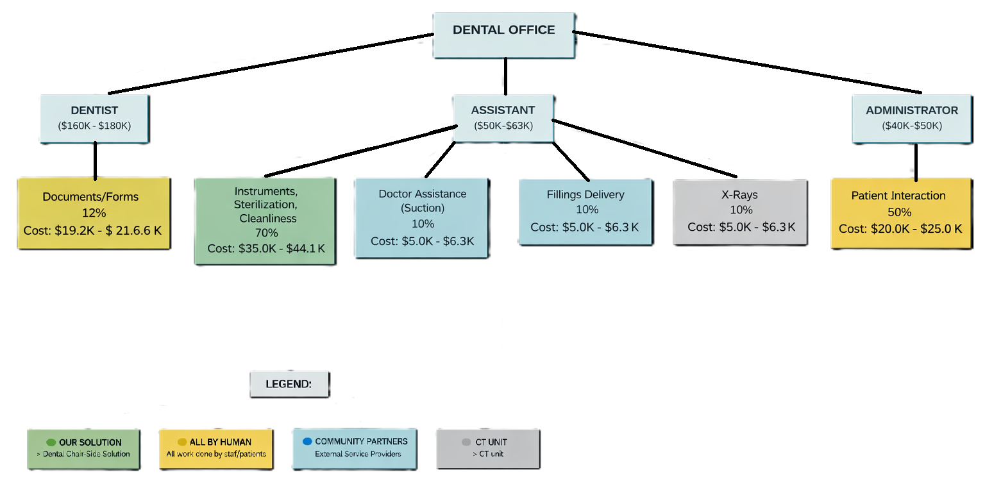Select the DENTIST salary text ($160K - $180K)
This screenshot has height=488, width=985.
point(94,126)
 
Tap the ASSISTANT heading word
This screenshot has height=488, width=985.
point(503,110)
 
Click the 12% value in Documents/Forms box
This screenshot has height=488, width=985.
point(94,212)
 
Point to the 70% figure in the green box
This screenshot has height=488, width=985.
point(266,233)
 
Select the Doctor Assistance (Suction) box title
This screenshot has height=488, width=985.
point(422,200)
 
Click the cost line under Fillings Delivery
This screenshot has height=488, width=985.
point(584,227)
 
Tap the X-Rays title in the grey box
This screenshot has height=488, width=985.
point(739,195)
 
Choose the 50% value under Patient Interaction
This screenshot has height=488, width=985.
point(898,212)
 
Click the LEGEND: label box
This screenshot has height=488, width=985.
point(289,384)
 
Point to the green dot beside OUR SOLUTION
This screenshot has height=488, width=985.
point(51,442)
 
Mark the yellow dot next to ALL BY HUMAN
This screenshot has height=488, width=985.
point(182,442)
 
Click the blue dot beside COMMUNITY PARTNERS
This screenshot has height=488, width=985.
point(307,441)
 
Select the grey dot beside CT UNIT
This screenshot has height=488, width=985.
point(466,442)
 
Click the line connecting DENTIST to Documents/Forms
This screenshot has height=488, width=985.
point(95,160)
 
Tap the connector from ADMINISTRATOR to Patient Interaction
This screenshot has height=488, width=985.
point(916,162)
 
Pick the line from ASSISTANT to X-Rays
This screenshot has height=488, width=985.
point(644,148)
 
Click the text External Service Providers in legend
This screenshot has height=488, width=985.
point(358,454)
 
